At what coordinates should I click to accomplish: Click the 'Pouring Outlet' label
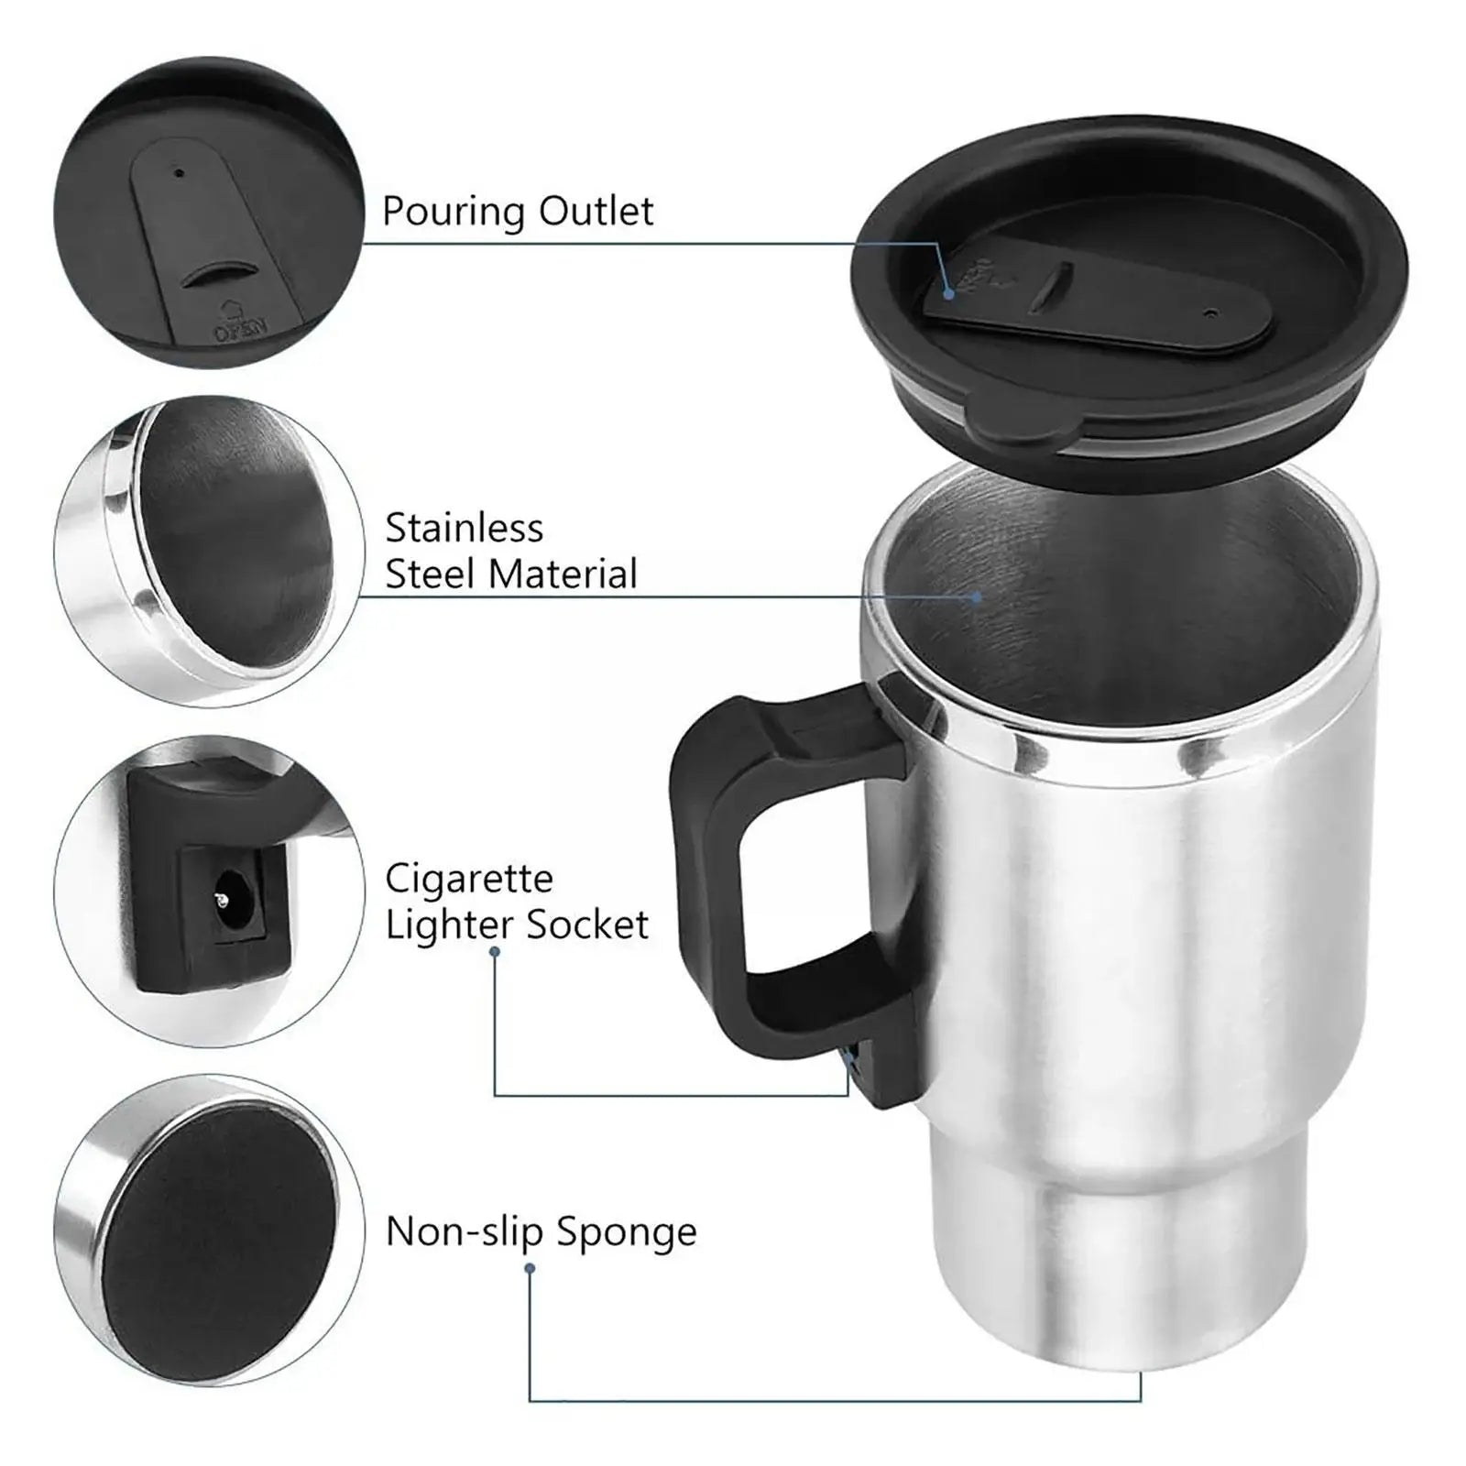point(518,212)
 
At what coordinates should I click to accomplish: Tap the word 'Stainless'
point(464,529)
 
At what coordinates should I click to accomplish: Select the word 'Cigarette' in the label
point(468,879)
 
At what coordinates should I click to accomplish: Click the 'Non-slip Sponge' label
point(541,1231)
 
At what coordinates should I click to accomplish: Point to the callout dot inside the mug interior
point(977,597)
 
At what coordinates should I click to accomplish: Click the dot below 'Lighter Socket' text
point(495,952)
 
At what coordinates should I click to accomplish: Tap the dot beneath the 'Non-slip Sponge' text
point(530,1269)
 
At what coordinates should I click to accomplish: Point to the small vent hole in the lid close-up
point(180,172)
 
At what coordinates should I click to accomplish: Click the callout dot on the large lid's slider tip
point(950,294)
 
